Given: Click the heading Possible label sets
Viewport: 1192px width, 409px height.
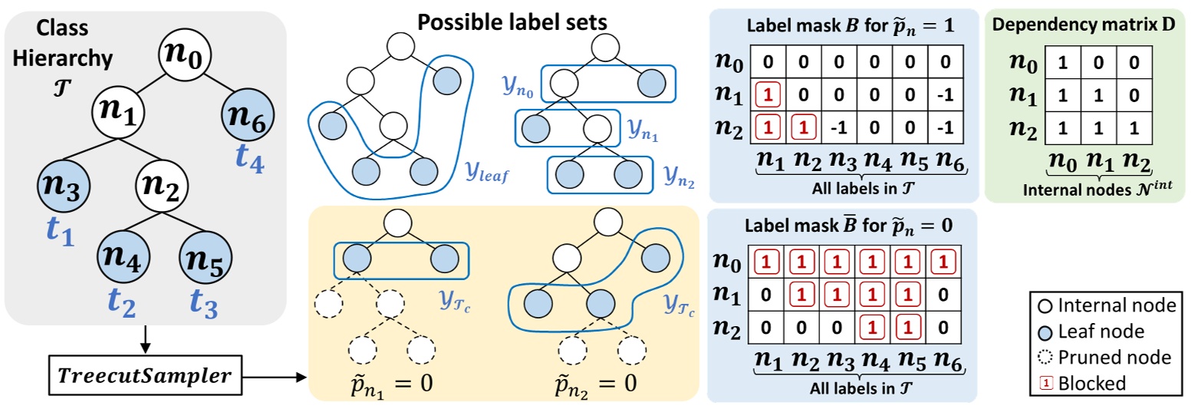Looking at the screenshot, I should [512, 22].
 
